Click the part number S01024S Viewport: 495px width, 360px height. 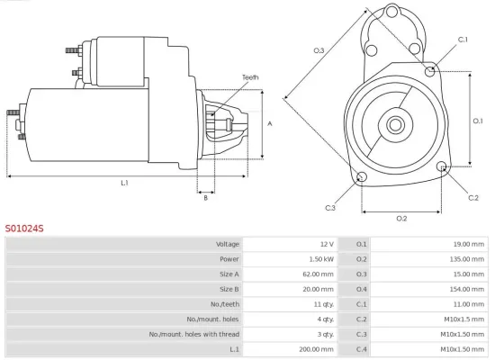(24, 229)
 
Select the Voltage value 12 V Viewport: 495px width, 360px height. (325, 244)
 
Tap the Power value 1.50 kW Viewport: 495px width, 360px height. (319, 258)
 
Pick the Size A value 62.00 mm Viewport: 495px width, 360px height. (317, 274)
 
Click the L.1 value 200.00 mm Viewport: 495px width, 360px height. (315, 348)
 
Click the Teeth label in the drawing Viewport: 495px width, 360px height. (250, 77)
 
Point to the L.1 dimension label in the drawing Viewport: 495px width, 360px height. (124, 183)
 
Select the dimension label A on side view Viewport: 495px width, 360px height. (270, 123)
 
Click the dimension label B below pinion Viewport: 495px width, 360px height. (205, 198)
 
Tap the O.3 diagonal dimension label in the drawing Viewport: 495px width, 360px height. (319, 50)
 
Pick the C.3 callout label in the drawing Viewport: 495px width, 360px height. (330, 208)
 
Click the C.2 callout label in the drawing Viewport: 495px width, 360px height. (473, 196)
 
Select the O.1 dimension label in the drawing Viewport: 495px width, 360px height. (479, 120)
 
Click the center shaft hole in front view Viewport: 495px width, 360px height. (397, 122)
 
